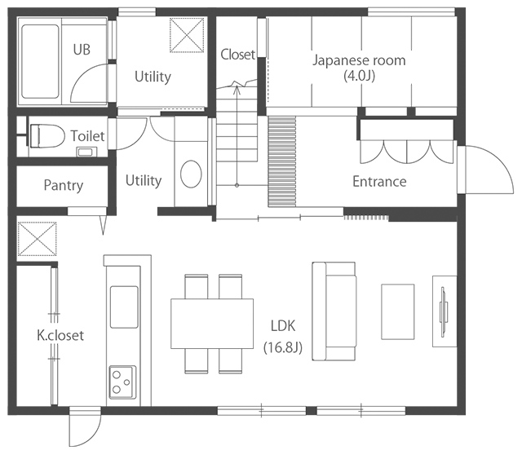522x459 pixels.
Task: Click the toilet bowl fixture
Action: click(x=47, y=136)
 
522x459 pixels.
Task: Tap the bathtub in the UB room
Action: click(x=40, y=62)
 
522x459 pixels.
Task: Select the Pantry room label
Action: click(x=64, y=185)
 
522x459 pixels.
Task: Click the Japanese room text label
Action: click(x=359, y=60)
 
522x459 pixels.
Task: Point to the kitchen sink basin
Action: click(x=124, y=307)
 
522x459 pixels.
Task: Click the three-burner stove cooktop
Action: click(x=123, y=382)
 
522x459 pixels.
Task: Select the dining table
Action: click(x=212, y=324)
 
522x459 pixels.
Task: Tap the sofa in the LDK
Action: click(x=334, y=311)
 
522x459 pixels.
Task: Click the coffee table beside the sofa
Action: click(x=398, y=312)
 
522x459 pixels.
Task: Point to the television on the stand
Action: click(x=444, y=312)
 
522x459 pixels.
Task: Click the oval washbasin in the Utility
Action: click(x=191, y=174)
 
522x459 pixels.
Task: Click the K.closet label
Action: click(x=60, y=335)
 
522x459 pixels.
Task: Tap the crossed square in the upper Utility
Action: click(x=187, y=35)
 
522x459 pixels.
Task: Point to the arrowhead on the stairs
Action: click(x=237, y=89)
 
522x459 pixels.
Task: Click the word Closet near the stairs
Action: click(x=237, y=55)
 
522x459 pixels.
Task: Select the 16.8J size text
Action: click(x=283, y=348)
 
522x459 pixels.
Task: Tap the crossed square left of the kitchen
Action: click(x=37, y=239)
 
